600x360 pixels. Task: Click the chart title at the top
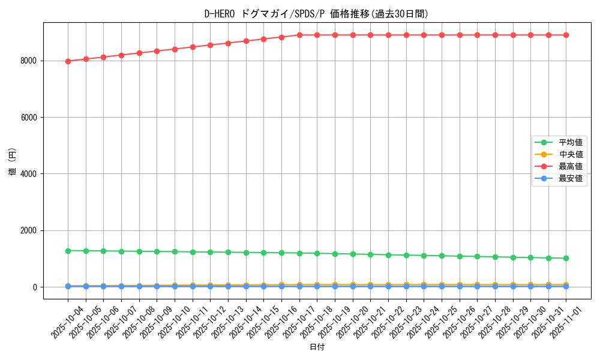[x=316, y=14]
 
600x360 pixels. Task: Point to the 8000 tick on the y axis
[x=28, y=61]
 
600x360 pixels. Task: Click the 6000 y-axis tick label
[x=28, y=118]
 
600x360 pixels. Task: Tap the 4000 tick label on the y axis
[x=28, y=174]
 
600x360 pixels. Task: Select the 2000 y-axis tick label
[x=28, y=230]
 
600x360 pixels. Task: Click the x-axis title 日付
[x=316, y=347]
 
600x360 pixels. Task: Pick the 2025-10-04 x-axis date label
[x=68, y=321]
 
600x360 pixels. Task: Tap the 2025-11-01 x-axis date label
[x=566, y=321]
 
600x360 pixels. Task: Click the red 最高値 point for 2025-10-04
[x=68, y=61]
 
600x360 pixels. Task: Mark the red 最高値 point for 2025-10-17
[x=299, y=35]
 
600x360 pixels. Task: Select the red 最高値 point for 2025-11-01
[x=566, y=35]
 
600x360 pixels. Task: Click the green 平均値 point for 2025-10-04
[x=68, y=251]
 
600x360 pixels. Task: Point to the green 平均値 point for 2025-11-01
[x=566, y=258]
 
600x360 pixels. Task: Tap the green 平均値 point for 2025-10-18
[x=317, y=253]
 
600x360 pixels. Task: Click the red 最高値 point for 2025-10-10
[x=175, y=49]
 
